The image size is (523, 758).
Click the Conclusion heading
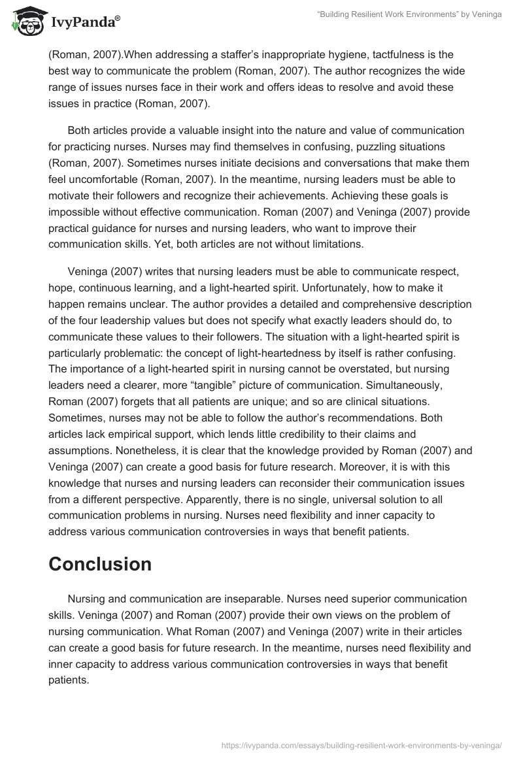100,564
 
